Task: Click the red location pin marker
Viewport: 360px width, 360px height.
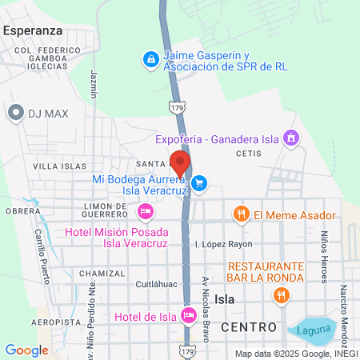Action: point(179,162)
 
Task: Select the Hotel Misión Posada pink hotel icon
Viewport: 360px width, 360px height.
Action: point(145,211)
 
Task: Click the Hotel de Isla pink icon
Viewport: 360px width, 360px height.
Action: point(189,317)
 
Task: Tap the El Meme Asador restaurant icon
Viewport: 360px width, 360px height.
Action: point(240,214)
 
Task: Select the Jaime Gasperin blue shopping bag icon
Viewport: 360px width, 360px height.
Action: point(150,58)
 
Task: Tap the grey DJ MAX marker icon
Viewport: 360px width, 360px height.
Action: point(15,113)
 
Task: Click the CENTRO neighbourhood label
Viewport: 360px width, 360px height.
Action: point(248,327)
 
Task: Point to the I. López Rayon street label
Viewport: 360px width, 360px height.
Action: point(224,243)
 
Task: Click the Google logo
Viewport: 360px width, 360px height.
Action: point(26,350)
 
